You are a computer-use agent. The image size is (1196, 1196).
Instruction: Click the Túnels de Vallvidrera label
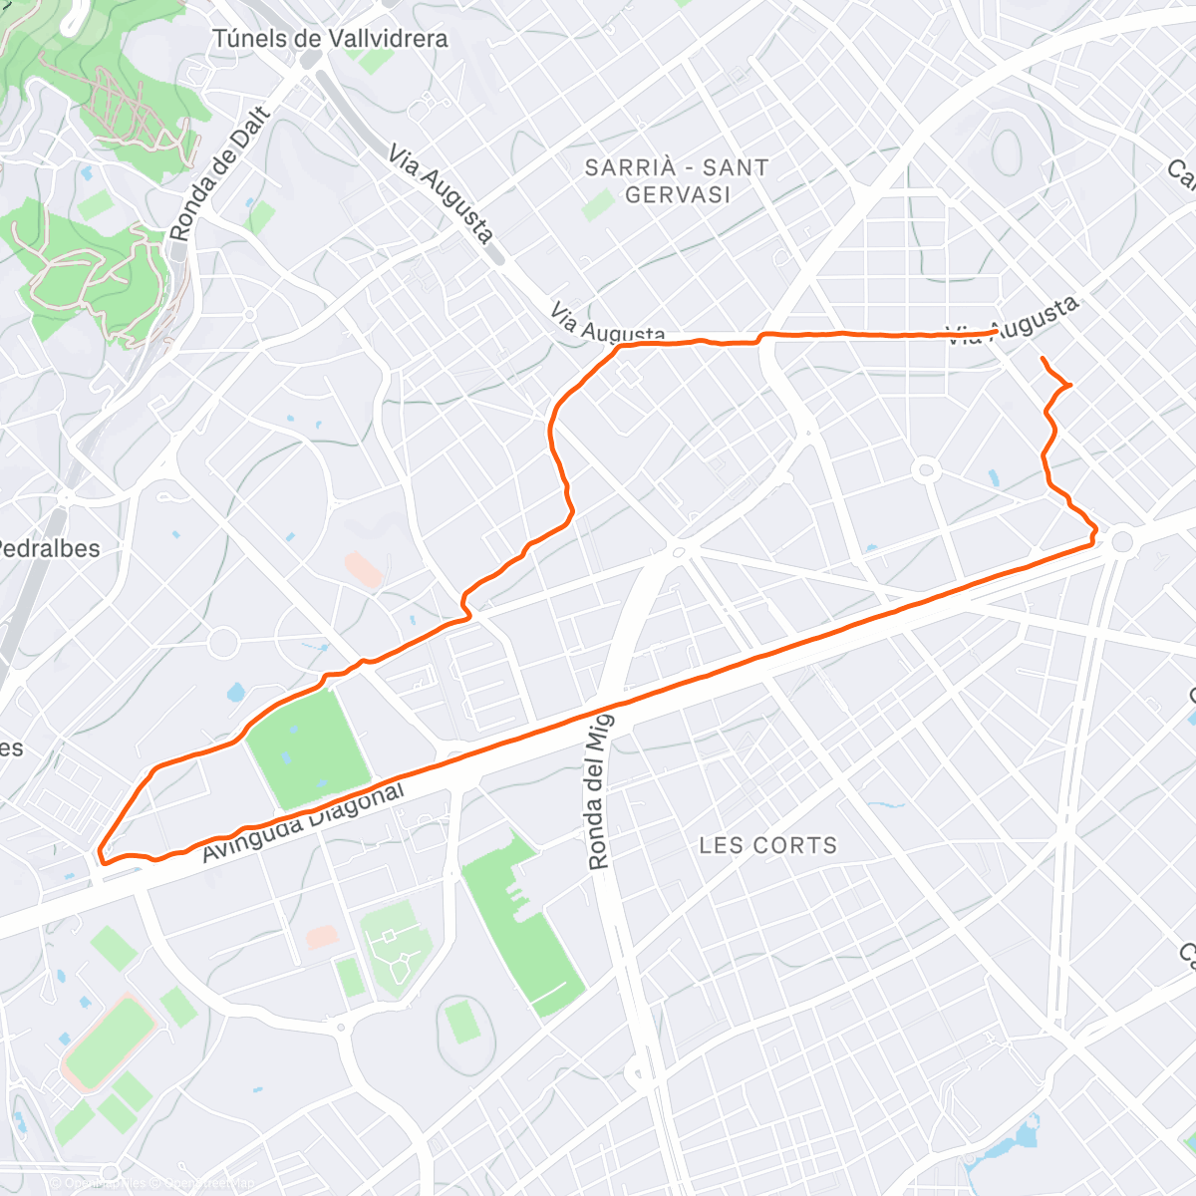coord(330,39)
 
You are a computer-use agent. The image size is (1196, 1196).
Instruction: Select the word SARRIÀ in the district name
coord(629,167)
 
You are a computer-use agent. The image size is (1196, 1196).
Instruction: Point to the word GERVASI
coord(678,194)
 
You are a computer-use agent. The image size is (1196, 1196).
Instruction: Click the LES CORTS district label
coord(767,845)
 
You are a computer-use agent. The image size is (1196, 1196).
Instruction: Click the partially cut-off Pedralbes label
coord(48,548)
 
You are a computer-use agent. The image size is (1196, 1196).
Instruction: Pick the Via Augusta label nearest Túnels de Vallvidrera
coord(441,195)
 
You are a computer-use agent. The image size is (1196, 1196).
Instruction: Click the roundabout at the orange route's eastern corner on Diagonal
coord(1123,541)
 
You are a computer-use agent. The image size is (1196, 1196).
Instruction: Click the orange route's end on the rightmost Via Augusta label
coord(996,332)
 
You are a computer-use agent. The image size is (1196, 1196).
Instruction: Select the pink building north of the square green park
coord(364,570)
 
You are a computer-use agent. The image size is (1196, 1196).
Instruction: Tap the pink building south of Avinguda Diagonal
coord(322,937)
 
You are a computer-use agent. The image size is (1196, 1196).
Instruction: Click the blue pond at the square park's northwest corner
coord(237,693)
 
